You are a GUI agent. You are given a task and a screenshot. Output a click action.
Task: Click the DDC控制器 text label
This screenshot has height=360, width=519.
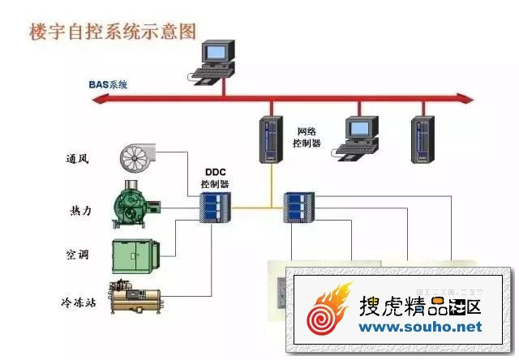(215, 179)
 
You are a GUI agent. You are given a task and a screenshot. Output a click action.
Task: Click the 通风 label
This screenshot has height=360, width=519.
(78, 158)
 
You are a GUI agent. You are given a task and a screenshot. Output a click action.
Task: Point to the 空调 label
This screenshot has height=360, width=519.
(78, 255)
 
